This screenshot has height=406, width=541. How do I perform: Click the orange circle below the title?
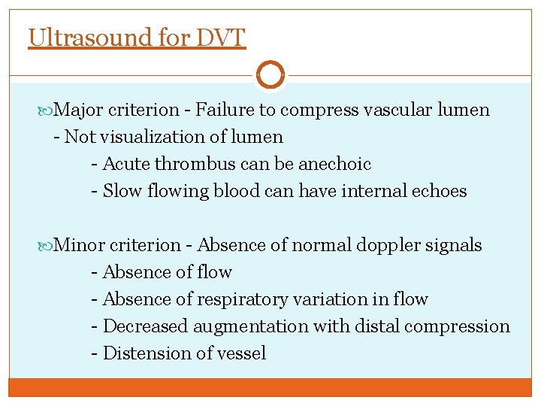[270, 74]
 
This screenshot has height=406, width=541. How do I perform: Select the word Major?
[79, 110]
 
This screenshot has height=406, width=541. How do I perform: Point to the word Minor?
[80, 245]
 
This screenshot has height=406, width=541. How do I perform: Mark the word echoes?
[437, 191]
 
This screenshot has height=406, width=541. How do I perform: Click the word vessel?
[240, 353]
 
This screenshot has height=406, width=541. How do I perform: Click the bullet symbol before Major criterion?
[49, 111]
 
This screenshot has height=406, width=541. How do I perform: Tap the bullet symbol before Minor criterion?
[49, 246]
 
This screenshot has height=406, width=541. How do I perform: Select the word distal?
[372, 326]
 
